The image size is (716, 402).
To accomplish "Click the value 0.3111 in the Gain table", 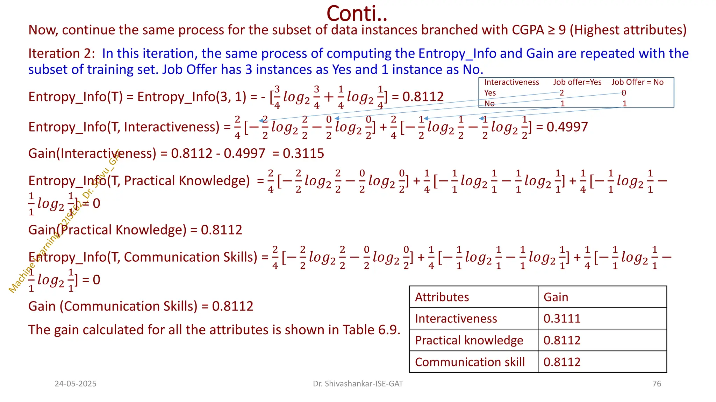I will tap(562, 319).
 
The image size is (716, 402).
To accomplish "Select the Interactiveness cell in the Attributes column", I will tap(456, 319).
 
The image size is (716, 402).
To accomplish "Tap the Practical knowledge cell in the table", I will tap(469, 340).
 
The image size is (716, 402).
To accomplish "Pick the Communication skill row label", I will tap(470, 362).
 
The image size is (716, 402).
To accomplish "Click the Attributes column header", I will tap(442, 297).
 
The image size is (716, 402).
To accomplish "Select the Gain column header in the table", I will tap(556, 297).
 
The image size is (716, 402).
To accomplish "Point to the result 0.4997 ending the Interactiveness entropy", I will tap(567, 127).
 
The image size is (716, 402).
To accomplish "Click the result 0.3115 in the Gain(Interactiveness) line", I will tap(303, 154).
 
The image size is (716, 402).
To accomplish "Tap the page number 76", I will tap(657, 384).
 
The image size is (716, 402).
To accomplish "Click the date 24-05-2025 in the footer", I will tap(76, 384).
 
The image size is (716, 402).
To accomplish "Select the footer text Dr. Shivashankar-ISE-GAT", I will tap(358, 384).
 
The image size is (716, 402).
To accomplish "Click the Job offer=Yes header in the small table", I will tap(577, 82).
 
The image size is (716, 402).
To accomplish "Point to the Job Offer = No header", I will tap(637, 82).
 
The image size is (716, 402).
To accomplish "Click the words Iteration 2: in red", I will tap(62, 53).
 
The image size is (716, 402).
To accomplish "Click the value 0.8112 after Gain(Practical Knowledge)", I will tap(221, 230).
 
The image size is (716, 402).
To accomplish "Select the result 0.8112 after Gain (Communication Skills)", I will tap(232, 306).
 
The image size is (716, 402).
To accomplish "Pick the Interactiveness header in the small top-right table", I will tap(511, 82).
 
